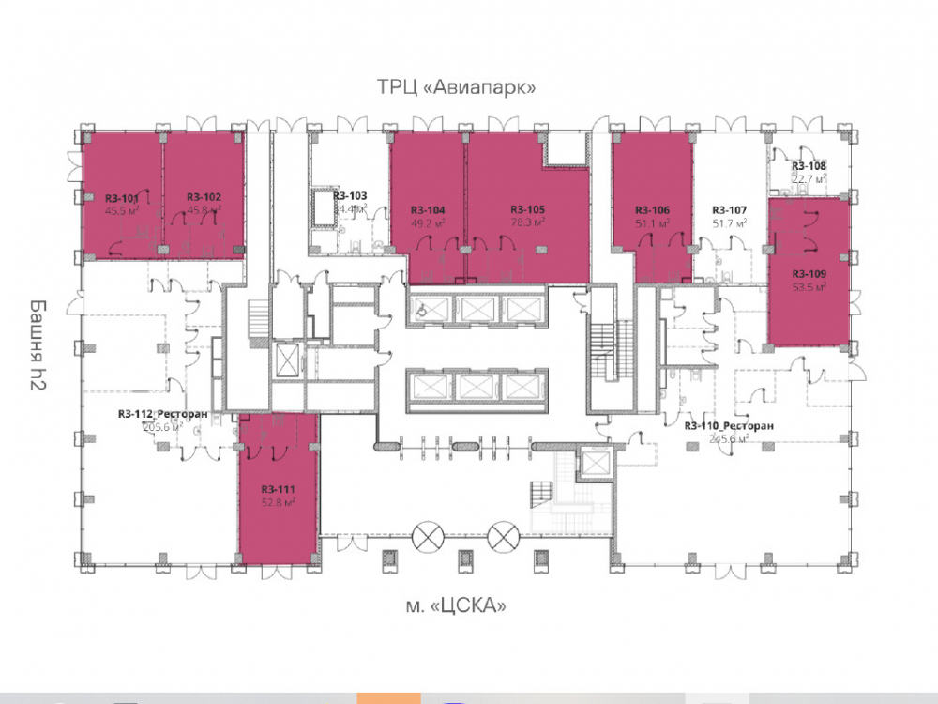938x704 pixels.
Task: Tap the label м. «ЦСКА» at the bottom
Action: [456, 605]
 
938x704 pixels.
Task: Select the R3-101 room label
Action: [122, 198]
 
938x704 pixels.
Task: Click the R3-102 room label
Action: [204, 197]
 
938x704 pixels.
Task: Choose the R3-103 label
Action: [350, 196]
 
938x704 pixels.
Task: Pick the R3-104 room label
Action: [427, 210]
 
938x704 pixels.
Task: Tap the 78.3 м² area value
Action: [528, 222]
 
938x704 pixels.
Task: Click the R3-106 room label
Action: [652, 210]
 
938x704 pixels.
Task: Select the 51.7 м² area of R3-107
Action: [729, 223]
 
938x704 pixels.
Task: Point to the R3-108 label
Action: [809, 165]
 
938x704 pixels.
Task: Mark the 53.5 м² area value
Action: [809, 288]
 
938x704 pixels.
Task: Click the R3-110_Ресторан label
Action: [729, 425]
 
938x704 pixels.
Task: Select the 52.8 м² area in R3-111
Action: [279, 502]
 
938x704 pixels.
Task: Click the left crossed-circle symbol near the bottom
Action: [430, 536]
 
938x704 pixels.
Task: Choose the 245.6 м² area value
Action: [729, 438]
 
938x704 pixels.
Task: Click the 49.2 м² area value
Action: [427, 223]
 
